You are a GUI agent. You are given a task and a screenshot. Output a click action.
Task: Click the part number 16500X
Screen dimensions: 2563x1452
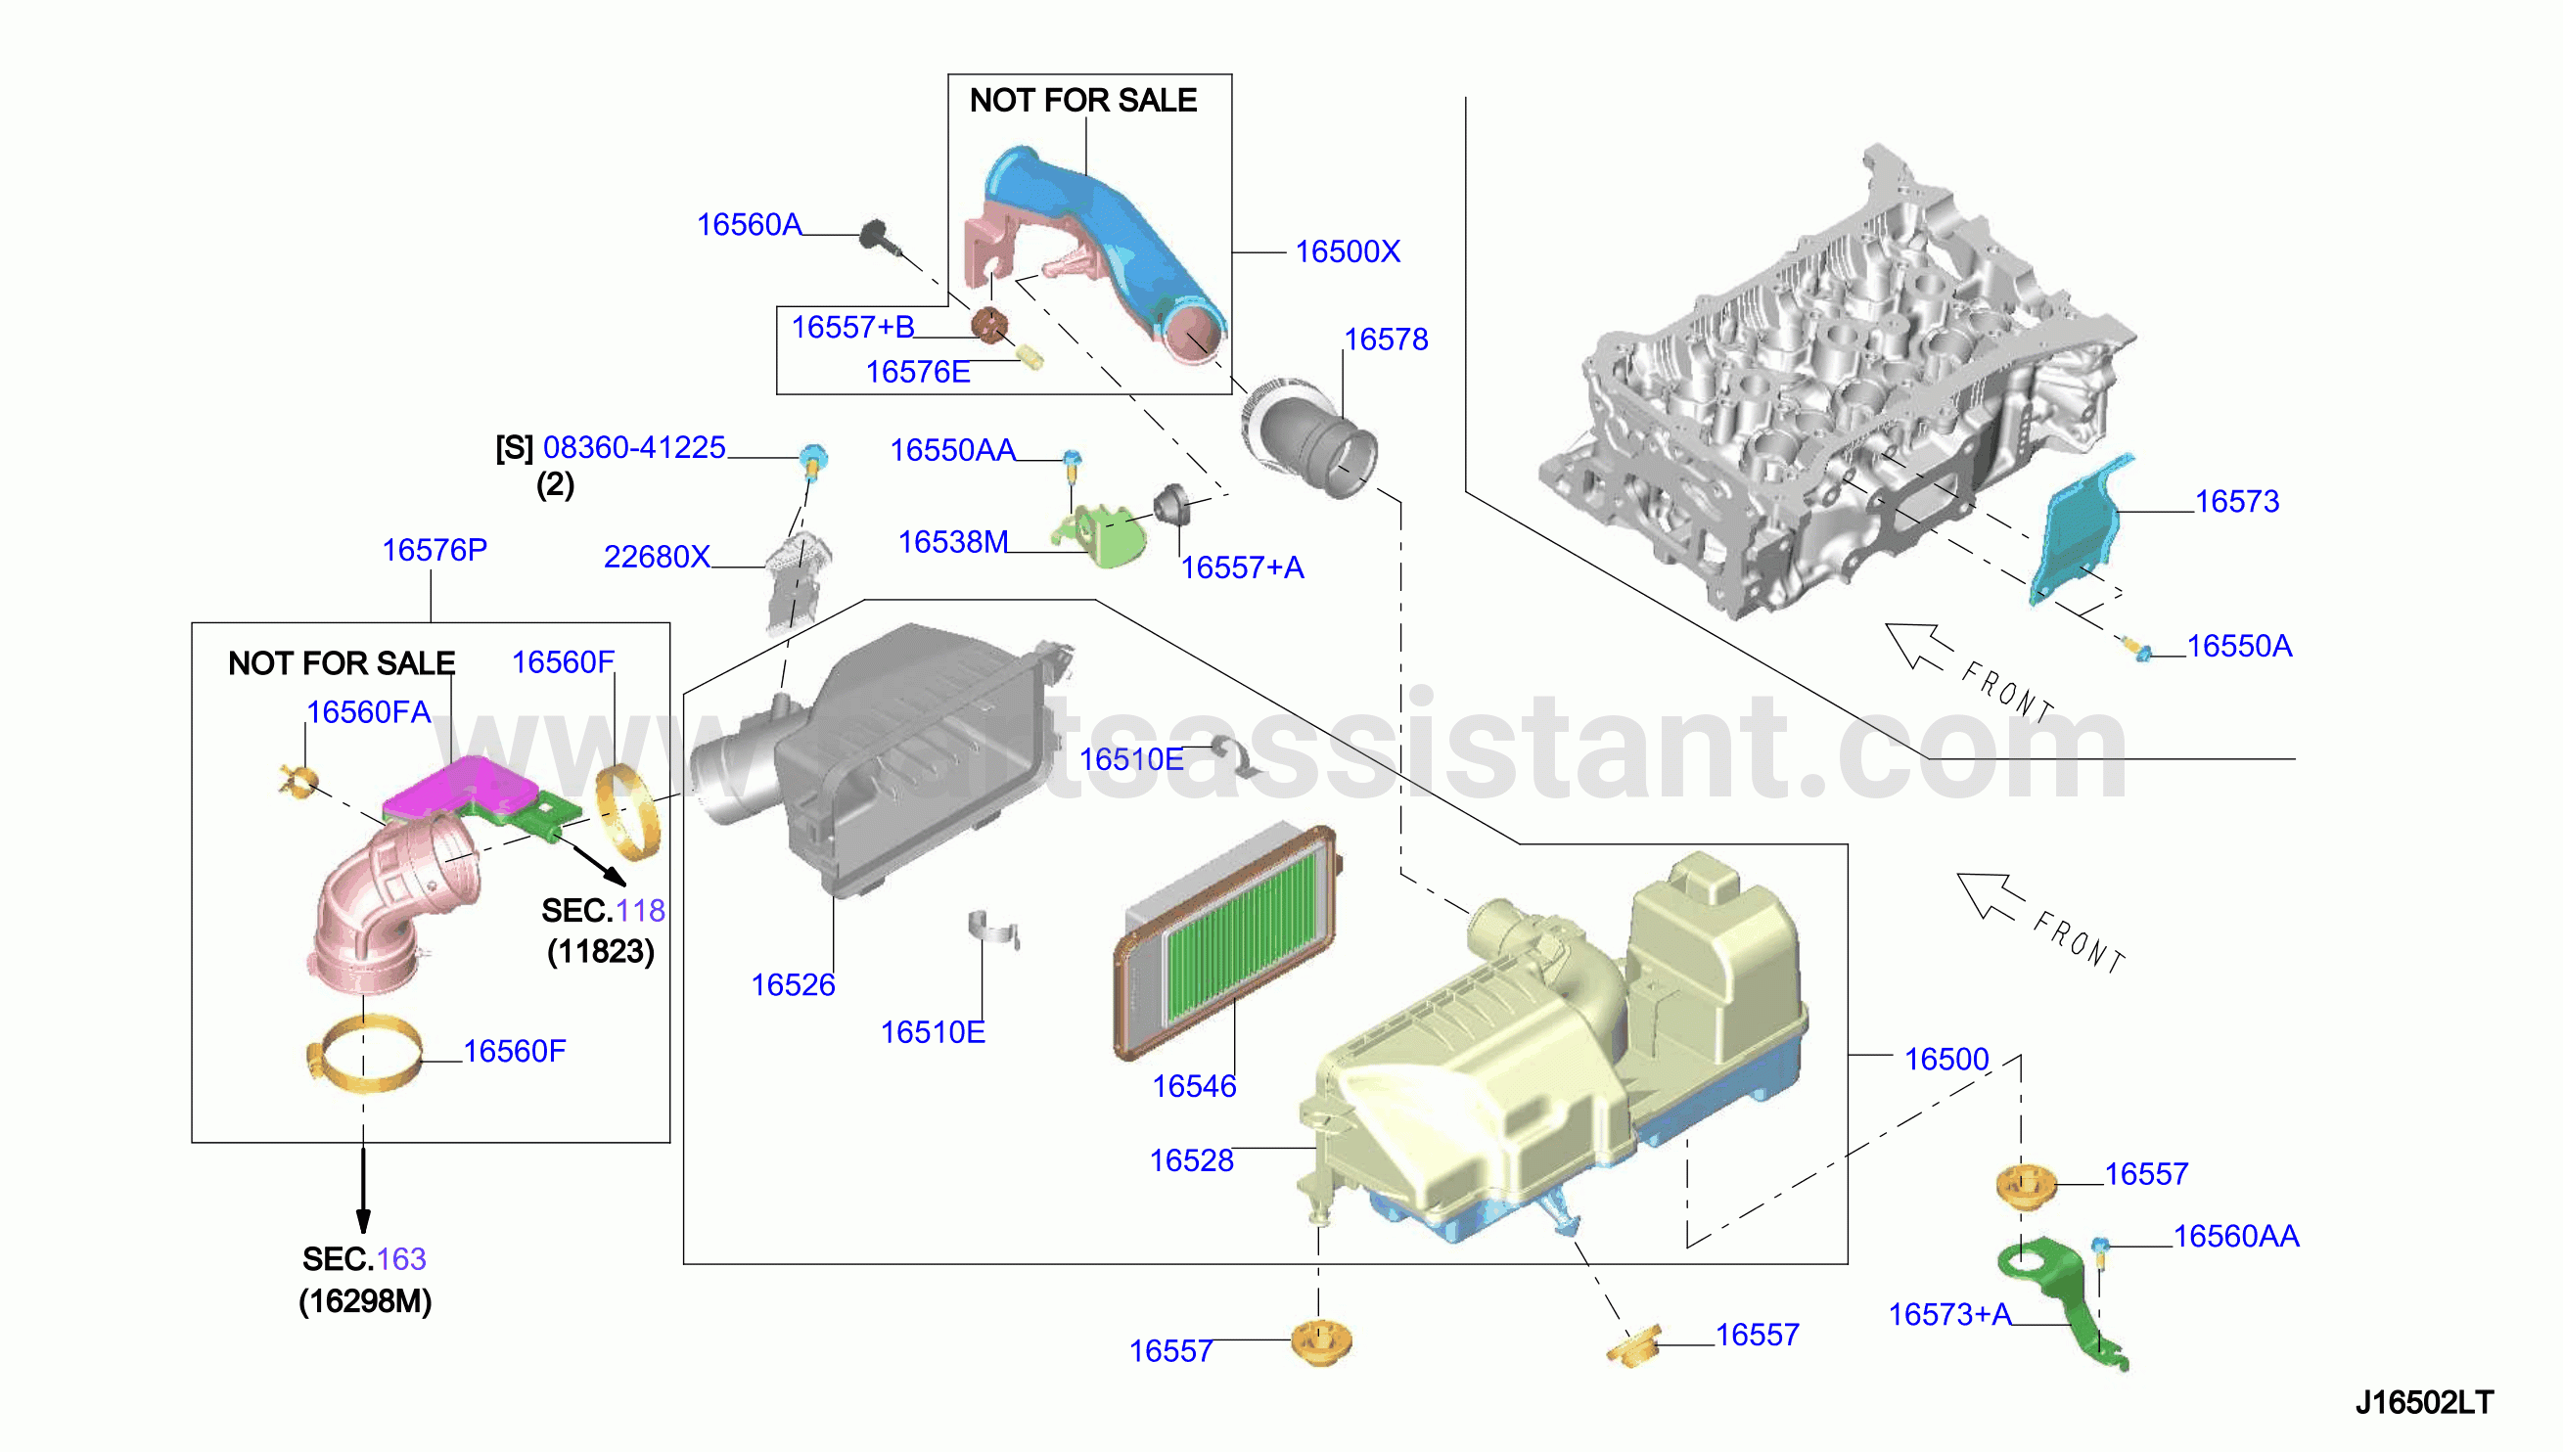click(1348, 251)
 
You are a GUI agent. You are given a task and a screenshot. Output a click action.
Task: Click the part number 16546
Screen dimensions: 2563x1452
click(1194, 1086)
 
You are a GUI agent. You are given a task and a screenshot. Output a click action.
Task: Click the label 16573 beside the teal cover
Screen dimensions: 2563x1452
click(2237, 501)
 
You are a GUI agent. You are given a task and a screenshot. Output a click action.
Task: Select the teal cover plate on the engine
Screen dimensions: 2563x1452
click(2080, 528)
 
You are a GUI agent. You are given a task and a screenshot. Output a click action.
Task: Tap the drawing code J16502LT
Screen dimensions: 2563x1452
click(2423, 1402)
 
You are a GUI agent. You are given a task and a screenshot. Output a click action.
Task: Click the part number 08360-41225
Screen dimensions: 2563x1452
click(634, 447)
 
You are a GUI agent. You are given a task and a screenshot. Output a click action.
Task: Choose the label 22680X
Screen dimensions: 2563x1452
click(657, 557)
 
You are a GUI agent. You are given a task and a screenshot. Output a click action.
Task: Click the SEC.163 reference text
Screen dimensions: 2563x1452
click(364, 1258)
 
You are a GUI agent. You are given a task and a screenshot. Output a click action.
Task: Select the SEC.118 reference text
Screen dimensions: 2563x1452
click(603, 910)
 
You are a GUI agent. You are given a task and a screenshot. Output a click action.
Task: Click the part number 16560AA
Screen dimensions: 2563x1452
click(2236, 1236)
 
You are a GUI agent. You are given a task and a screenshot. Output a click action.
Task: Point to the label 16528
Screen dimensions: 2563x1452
click(1191, 1159)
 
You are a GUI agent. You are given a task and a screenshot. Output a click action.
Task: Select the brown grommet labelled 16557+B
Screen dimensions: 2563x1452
click(989, 324)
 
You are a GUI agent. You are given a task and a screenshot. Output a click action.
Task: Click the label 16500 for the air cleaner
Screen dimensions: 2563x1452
click(1945, 1059)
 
